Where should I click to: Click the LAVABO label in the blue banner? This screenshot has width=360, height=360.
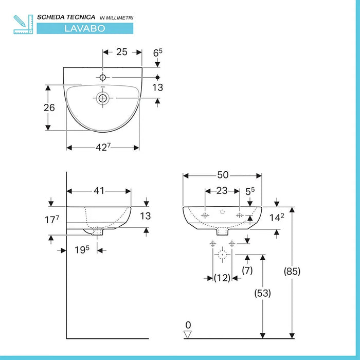tap(84, 28)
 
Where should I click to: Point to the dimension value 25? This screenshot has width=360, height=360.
tap(122, 52)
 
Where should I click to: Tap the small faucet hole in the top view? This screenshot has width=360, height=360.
tap(103, 78)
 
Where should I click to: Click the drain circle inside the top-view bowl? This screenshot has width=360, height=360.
tap(103, 98)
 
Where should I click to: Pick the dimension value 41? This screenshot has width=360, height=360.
tap(99, 191)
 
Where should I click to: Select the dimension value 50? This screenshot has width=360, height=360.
tap(222, 175)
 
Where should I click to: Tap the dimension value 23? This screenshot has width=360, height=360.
tap(222, 191)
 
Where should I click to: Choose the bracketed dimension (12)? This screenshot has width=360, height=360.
tap(222, 278)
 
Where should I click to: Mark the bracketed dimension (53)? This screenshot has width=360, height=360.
tap(263, 293)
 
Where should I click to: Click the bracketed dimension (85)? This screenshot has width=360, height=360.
tap(292, 271)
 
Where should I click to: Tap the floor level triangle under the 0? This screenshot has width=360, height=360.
tap(188, 334)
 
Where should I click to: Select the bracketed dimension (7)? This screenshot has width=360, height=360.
tap(248, 270)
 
